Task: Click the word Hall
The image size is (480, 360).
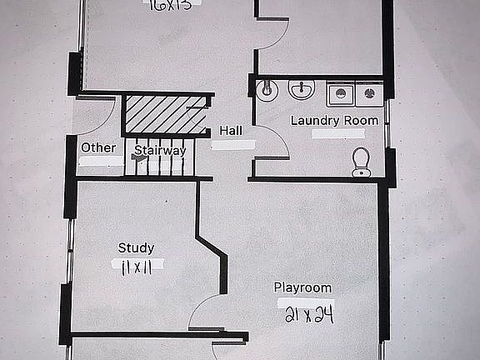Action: pos(231,131)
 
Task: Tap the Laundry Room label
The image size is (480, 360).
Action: pos(333,120)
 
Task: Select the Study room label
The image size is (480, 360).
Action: pos(136,247)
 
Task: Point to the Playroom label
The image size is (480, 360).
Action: pos(303,287)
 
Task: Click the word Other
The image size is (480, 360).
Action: pos(98,147)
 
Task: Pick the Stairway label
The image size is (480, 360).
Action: pos(160,151)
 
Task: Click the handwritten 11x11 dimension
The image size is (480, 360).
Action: pos(135,267)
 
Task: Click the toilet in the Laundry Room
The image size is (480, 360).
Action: pos(361,161)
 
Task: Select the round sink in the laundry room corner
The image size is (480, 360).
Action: pos(267,92)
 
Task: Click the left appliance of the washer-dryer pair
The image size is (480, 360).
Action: pos(341,94)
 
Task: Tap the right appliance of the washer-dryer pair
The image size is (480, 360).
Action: pos(368,94)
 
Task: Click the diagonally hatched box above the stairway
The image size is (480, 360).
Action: pos(164,114)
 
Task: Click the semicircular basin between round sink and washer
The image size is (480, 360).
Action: pos(301,88)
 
